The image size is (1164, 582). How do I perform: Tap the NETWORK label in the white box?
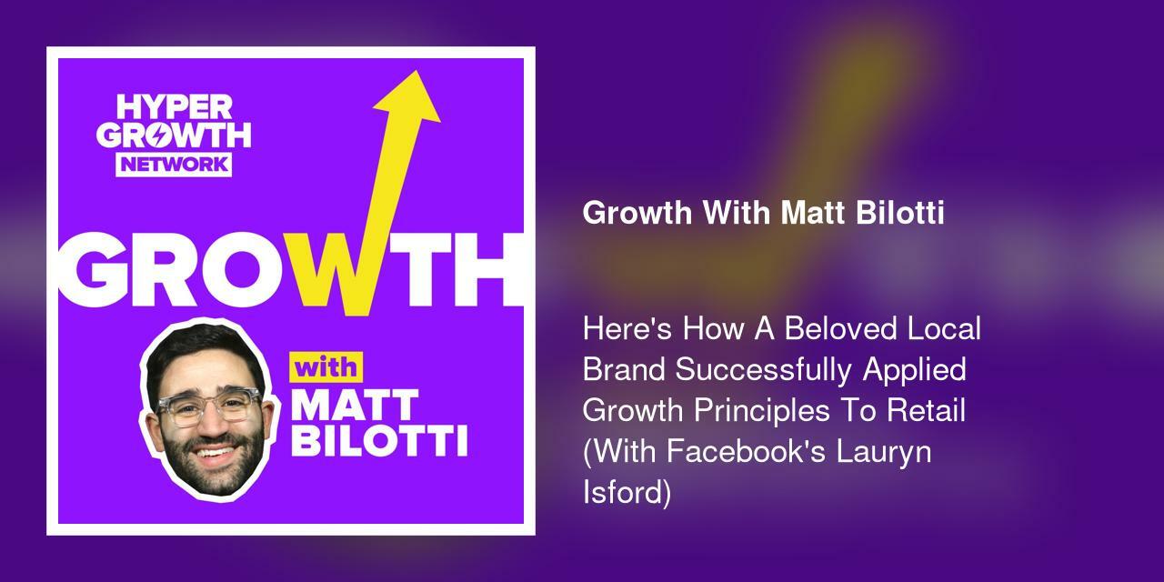[x=174, y=164]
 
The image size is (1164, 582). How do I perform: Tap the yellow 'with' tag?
[x=326, y=369]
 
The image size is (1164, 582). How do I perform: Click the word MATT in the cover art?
[x=356, y=406]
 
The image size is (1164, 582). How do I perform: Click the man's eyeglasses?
[x=210, y=406]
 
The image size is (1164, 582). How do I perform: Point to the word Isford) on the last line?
[x=627, y=493]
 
